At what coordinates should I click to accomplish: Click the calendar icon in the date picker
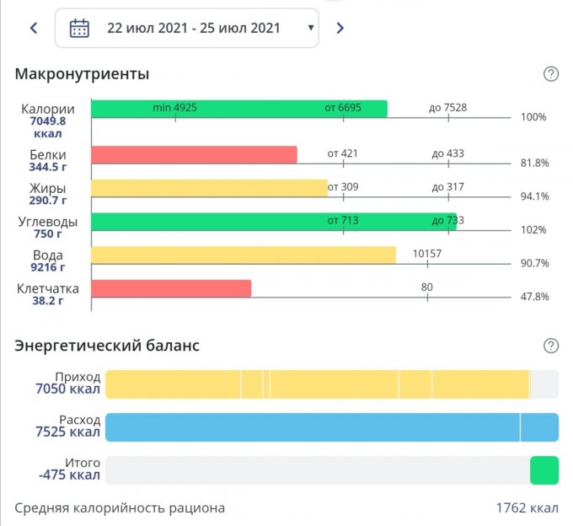click(79, 28)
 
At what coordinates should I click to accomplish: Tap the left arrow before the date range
click(34, 28)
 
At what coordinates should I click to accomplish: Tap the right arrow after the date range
click(340, 28)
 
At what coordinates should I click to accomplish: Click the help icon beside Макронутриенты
click(551, 74)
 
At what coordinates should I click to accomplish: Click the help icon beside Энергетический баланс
click(551, 346)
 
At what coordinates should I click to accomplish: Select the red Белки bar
click(194, 155)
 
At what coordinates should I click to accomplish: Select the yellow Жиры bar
click(209, 188)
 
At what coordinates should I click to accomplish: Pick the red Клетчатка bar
click(171, 288)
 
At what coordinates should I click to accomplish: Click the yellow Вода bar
click(243, 255)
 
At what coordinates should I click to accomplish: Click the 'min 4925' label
click(174, 108)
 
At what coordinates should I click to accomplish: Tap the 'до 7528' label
click(447, 108)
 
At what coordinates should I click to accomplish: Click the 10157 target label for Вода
click(427, 254)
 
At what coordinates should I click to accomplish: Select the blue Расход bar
click(331, 427)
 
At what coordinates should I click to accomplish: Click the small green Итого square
click(544, 470)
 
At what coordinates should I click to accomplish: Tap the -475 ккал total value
click(70, 475)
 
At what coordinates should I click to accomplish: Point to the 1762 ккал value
click(527, 508)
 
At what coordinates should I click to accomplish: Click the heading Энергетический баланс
click(107, 346)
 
